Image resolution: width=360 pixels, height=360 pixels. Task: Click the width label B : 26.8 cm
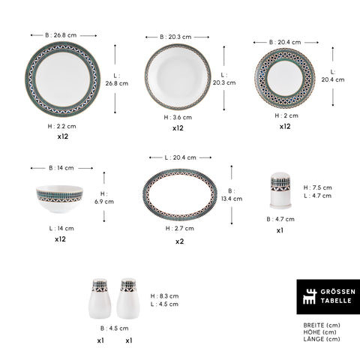coord(61,35)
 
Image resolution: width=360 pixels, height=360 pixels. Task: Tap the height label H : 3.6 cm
coord(178,117)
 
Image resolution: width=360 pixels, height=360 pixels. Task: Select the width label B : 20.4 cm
coord(285,42)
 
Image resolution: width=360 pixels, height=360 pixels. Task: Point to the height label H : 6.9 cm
coord(104,198)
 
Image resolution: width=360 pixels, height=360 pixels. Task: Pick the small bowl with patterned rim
coord(59,199)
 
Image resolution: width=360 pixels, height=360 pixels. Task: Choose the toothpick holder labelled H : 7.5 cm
coord(280,190)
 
